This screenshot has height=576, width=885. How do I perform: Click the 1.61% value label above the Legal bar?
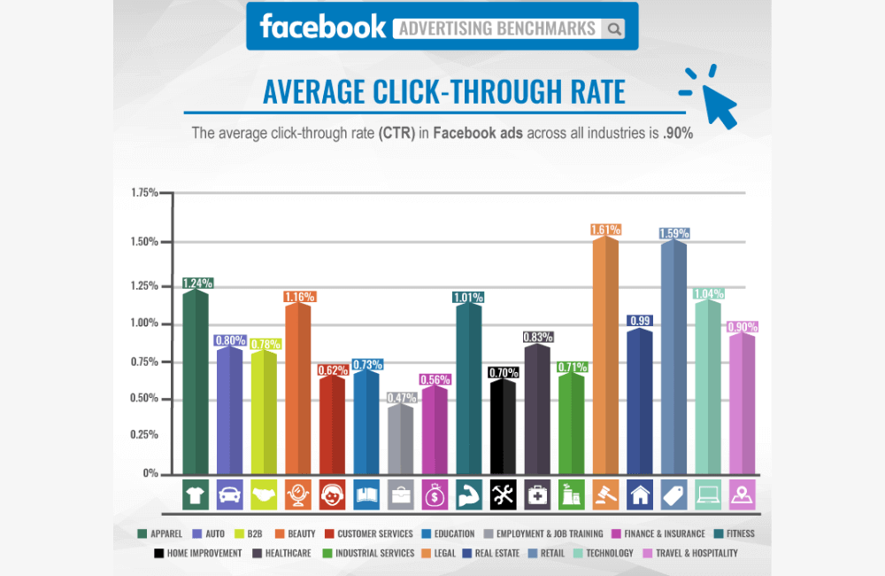pyautogui.click(x=605, y=230)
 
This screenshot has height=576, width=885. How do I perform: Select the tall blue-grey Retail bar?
pyautogui.click(x=673, y=354)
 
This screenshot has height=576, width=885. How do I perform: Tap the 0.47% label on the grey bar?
pyautogui.click(x=401, y=398)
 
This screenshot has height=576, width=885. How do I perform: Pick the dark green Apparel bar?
pyautogui.click(x=196, y=381)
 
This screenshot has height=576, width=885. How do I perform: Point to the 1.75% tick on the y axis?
pyautogui.click(x=143, y=193)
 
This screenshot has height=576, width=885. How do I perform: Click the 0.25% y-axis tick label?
pyautogui.click(x=143, y=434)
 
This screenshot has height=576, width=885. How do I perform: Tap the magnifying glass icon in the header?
pyautogui.click(x=613, y=28)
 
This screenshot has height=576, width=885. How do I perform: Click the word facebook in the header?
pyautogui.click(x=322, y=27)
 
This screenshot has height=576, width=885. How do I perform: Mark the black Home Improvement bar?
pyautogui.click(x=503, y=425)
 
